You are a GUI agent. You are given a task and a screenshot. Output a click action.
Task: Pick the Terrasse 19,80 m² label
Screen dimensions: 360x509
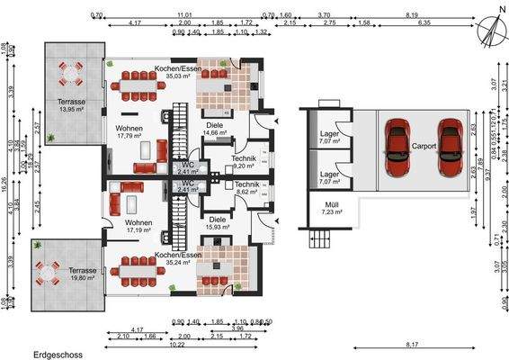82,274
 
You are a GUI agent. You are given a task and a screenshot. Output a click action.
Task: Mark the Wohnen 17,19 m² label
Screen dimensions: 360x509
139,226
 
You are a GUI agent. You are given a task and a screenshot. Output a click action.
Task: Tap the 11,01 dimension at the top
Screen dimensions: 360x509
184,15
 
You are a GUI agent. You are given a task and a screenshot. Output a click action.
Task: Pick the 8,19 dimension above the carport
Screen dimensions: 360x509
412,15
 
